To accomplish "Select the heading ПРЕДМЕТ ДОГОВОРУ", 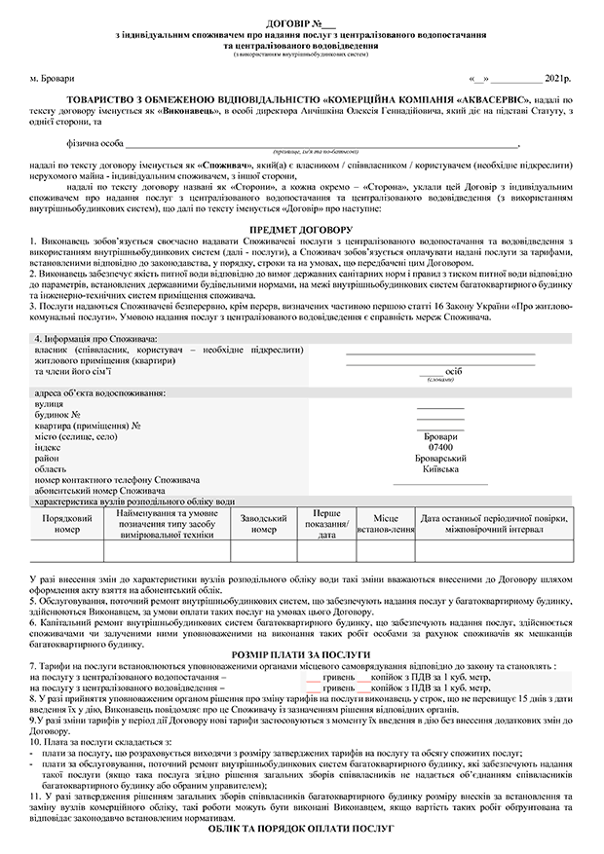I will click(x=301, y=229).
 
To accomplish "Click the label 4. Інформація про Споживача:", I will click(x=89, y=338).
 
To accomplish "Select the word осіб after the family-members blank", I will click(x=453, y=372).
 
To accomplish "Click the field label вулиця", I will click(x=49, y=403).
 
